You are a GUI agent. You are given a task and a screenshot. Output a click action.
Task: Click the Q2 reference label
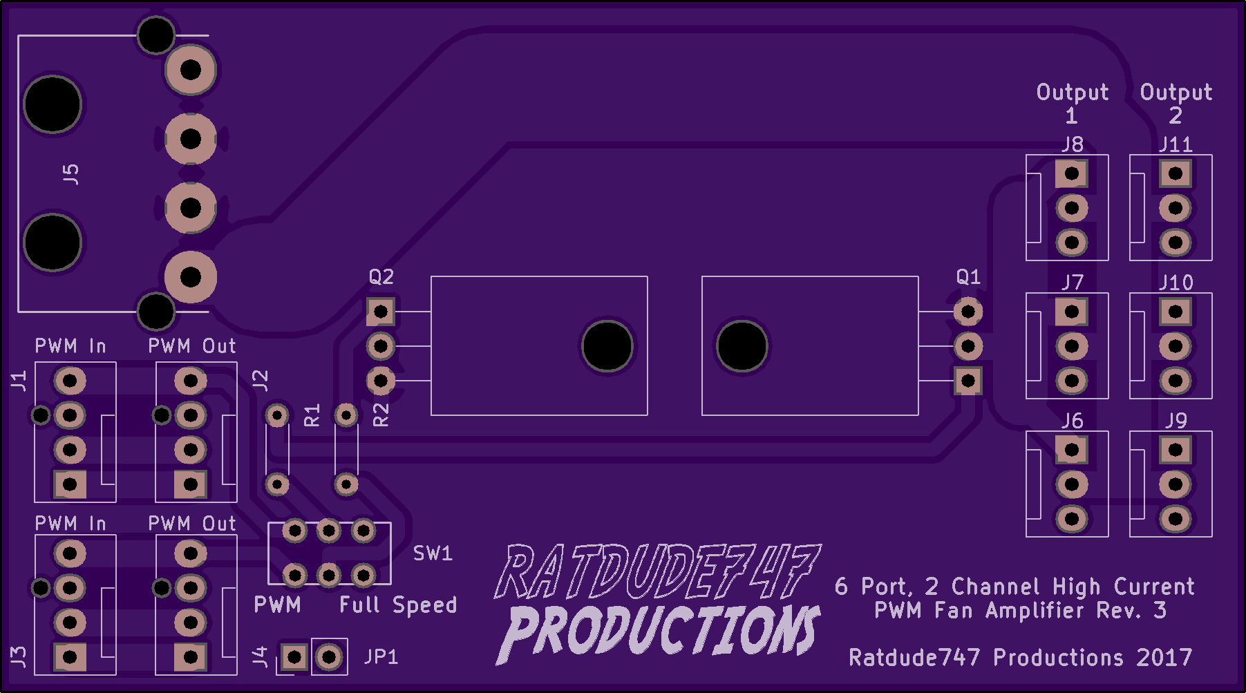tap(381, 277)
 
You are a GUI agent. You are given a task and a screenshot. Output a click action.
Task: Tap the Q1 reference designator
tap(968, 277)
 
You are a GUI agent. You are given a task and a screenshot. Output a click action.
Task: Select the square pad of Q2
tap(381, 312)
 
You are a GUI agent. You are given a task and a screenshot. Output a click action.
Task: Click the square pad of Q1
tap(968, 381)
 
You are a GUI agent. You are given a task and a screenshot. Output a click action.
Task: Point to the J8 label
tap(1072, 144)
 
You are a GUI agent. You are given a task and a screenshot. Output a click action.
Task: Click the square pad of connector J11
tap(1176, 173)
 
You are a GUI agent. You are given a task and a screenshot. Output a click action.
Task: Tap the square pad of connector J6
tap(1072, 450)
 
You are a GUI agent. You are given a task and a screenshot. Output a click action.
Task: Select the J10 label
tap(1176, 283)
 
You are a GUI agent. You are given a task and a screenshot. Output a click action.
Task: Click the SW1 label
tap(433, 553)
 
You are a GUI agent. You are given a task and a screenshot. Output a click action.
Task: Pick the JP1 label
tap(381, 656)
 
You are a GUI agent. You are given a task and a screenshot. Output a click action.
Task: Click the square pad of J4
tap(294, 656)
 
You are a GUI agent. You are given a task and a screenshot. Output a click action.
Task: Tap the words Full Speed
tap(398, 605)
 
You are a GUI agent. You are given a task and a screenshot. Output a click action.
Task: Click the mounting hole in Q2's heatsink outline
tap(607, 346)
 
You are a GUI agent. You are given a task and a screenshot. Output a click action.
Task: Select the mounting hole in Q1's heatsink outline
tap(742, 346)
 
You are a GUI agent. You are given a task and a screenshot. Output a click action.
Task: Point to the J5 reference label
tap(70, 174)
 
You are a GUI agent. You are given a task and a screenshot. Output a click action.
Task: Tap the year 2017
tap(1164, 657)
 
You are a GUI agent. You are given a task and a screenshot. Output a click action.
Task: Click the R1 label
tap(312, 415)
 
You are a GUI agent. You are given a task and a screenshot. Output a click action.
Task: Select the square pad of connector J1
tap(70, 484)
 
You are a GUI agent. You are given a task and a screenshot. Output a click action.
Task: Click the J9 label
tap(1176, 421)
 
